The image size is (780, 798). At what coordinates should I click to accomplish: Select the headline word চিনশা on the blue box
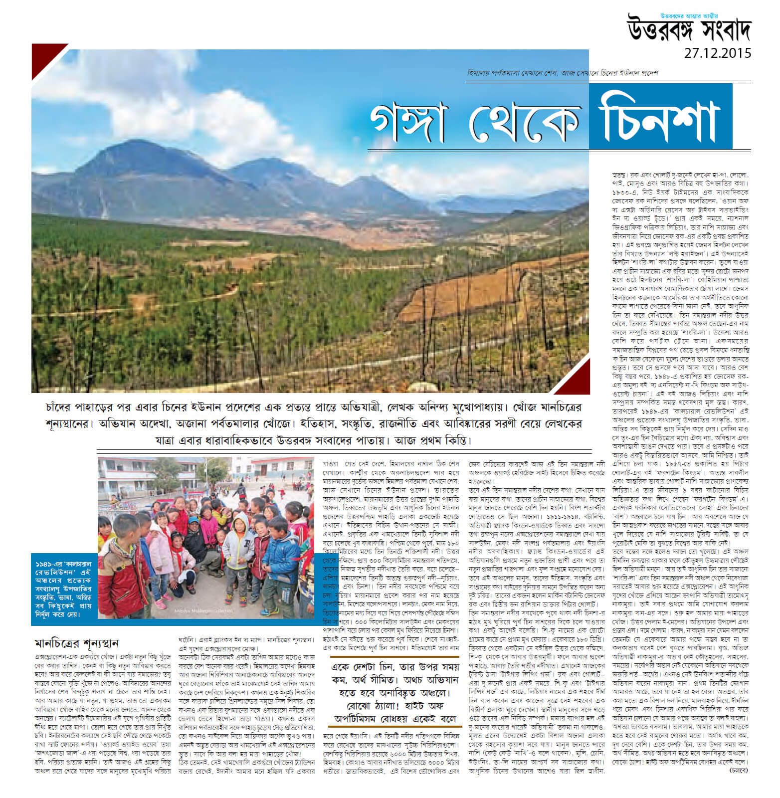[x=658, y=118]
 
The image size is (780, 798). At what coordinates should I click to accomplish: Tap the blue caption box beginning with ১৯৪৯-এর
[x=63, y=589]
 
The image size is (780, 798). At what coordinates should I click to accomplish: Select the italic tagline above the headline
[x=563, y=73]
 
